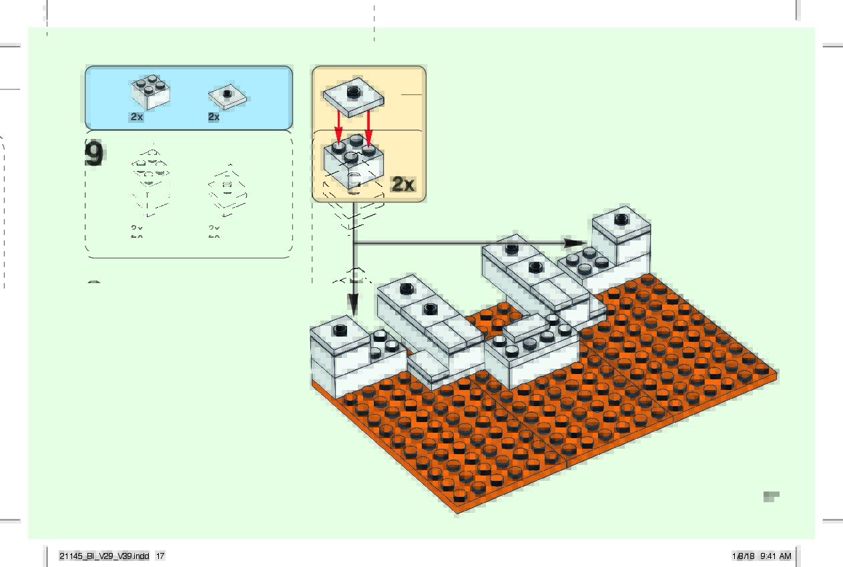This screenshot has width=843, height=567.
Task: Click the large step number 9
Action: pos(95,154)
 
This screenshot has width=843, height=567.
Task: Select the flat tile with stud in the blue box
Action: pos(228,97)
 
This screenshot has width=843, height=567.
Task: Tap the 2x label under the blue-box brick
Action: pos(137,117)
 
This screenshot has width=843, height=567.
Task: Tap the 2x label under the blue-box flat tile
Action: pos(214,117)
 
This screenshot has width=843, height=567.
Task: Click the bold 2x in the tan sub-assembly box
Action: pos(403,184)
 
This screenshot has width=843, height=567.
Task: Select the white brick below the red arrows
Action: pos(354,164)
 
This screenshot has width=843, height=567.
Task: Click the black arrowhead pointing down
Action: pos(352,305)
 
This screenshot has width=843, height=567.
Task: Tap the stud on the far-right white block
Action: pos(621,218)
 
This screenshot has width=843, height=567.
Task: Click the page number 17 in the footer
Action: pos(160,556)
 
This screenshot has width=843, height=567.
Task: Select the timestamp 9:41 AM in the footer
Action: pos(776,556)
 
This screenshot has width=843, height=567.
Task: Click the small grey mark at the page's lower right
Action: pos(772,496)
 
